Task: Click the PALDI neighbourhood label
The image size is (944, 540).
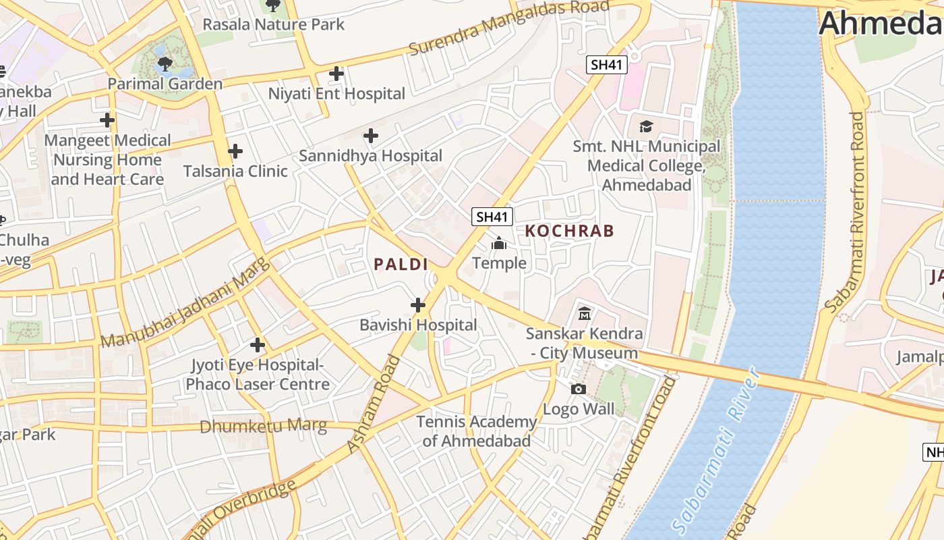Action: (x=401, y=264)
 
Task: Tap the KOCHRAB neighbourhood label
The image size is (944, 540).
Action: (x=569, y=231)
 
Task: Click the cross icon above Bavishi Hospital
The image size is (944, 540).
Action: (x=418, y=305)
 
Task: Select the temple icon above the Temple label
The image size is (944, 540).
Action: (x=499, y=243)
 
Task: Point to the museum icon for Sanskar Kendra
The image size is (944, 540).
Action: (x=585, y=314)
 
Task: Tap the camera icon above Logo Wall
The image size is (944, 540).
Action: (x=578, y=389)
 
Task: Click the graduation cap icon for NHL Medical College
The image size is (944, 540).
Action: (x=646, y=126)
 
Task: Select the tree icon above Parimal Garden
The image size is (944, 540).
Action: (x=165, y=64)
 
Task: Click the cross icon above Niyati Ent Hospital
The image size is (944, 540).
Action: (x=336, y=74)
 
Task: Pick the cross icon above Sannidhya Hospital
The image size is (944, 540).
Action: (x=370, y=136)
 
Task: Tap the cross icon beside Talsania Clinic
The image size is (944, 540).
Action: (x=235, y=151)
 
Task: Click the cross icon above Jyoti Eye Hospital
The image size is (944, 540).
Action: (x=257, y=346)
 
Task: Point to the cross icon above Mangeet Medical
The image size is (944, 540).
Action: (x=107, y=121)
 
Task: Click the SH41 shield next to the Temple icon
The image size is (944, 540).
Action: (x=492, y=217)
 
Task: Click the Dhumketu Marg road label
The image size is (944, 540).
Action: (x=263, y=427)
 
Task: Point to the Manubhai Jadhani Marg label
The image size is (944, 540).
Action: (x=185, y=302)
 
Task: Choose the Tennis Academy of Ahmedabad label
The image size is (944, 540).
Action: (x=476, y=431)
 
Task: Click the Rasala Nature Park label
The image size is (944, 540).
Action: (x=273, y=24)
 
